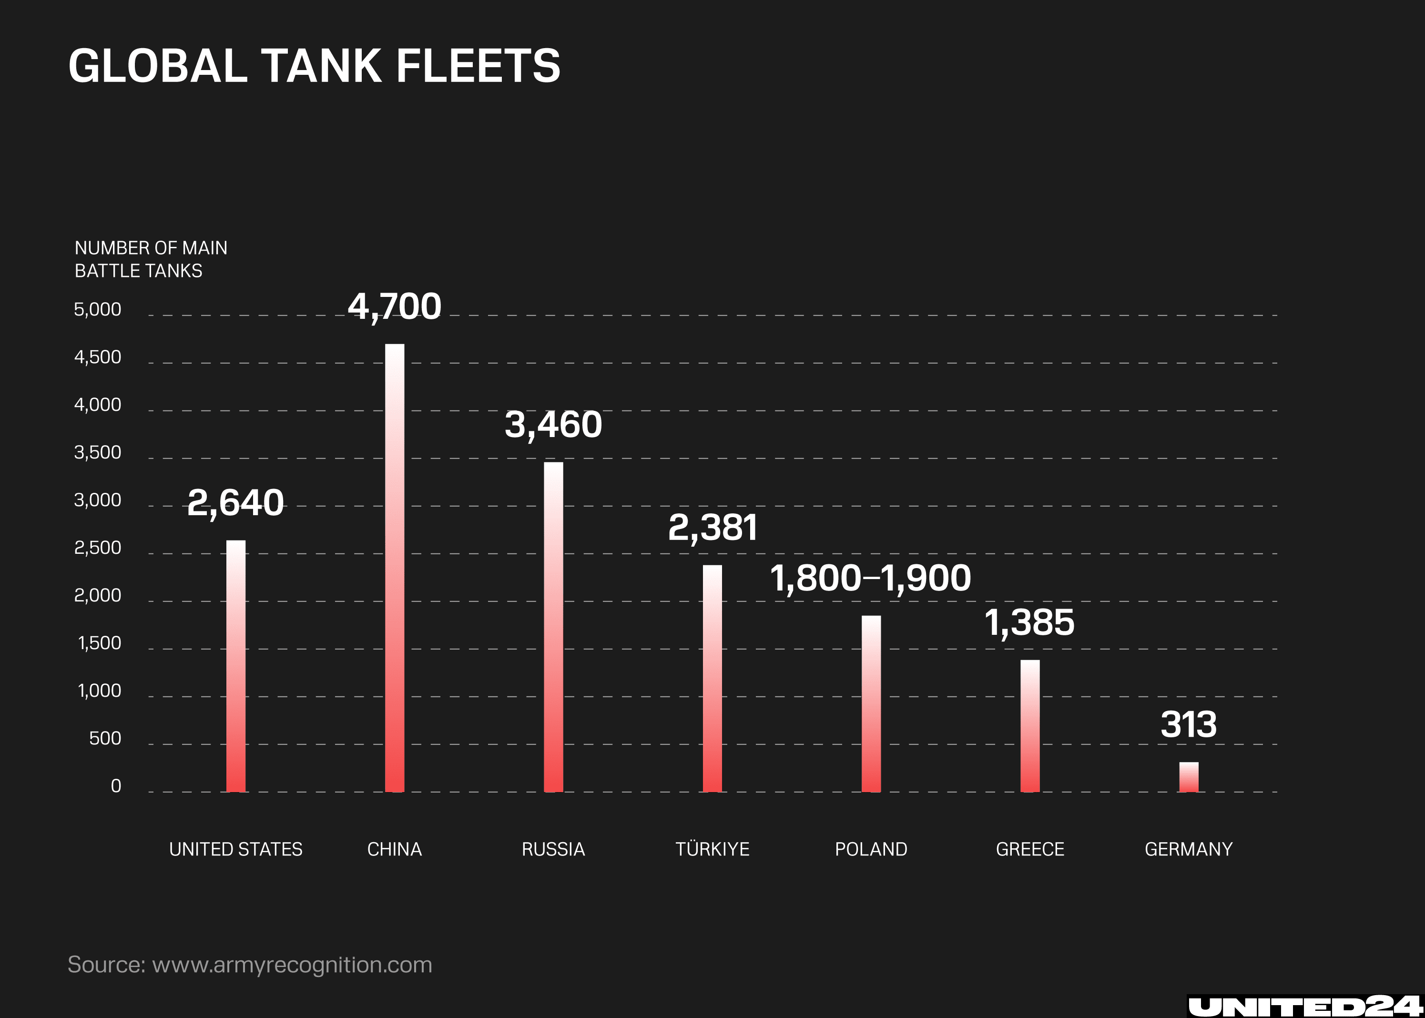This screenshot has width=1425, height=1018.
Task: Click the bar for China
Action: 394,567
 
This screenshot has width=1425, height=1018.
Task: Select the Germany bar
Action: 1188,777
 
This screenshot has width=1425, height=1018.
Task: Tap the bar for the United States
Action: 236,666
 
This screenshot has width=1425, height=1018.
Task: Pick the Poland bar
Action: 871,703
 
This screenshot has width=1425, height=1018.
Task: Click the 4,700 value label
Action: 394,306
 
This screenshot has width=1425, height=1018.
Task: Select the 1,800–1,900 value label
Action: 870,578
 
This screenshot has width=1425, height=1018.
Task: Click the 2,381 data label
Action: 712,527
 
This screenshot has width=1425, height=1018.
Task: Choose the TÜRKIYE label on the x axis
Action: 712,849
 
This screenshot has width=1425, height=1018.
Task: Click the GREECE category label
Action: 1030,849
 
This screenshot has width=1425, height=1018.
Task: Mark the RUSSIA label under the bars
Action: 553,849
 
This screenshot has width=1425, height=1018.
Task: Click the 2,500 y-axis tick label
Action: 98,548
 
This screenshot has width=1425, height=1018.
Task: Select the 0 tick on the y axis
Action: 116,786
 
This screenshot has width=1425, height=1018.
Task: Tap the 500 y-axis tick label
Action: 105,738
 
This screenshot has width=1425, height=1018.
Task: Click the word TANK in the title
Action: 322,66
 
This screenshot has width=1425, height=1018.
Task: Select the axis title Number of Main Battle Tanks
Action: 151,259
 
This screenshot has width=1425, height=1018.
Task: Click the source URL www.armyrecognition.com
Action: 292,964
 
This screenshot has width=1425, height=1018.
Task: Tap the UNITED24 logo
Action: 1304,1006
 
